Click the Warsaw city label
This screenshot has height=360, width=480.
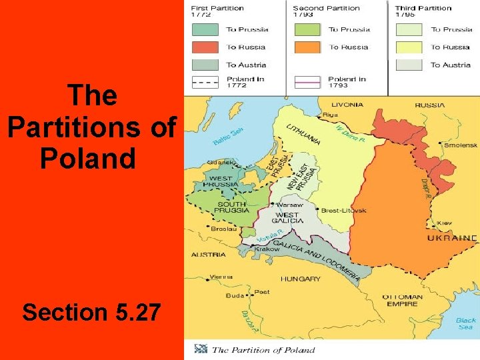click(x=290, y=205)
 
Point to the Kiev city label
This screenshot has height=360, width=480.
click(x=444, y=223)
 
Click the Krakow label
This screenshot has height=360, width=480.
click(x=267, y=249)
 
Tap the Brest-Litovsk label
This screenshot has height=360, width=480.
click(x=345, y=210)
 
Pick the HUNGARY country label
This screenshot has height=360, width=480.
click(x=300, y=279)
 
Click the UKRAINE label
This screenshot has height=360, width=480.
click(x=452, y=238)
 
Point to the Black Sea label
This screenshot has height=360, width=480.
click(x=465, y=324)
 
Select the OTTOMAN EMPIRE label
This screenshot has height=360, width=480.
click(x=402, y=301)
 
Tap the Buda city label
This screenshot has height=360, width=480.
click(x=235, y=295)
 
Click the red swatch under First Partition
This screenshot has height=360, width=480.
click(x=205, y=47)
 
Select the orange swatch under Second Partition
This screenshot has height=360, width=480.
click(x=307, y=47)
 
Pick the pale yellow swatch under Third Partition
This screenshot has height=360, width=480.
click(x=409, y=47)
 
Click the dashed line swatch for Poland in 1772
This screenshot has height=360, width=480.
click(x=205, y=83)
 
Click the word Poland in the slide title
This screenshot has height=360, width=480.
click(x=88, y=160)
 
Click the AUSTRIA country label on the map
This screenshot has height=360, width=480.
click(x=208, y=255)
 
